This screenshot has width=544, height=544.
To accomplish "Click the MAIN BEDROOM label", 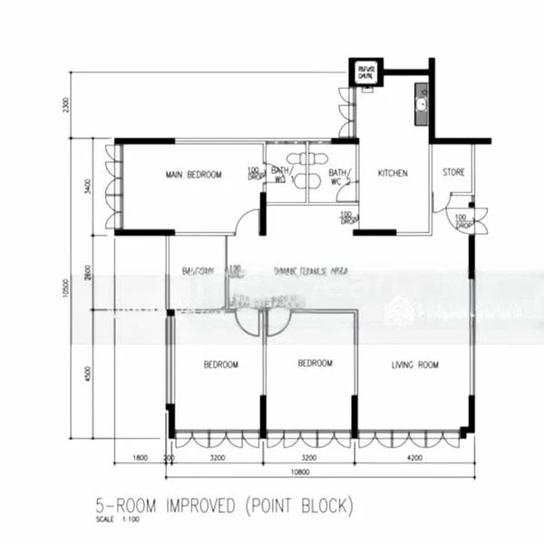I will (193, 175).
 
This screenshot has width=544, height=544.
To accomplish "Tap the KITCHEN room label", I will (393, 173).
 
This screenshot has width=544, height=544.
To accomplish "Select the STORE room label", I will (453, 173).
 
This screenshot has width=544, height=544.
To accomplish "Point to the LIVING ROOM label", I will (415, 365).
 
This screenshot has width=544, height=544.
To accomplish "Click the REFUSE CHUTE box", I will (366, 73).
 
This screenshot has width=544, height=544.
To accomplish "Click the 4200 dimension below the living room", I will (413, 459).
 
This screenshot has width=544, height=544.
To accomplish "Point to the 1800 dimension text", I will (140, 459).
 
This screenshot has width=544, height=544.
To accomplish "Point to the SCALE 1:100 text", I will (116, 520).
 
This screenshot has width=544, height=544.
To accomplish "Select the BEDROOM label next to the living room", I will (316, 364).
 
